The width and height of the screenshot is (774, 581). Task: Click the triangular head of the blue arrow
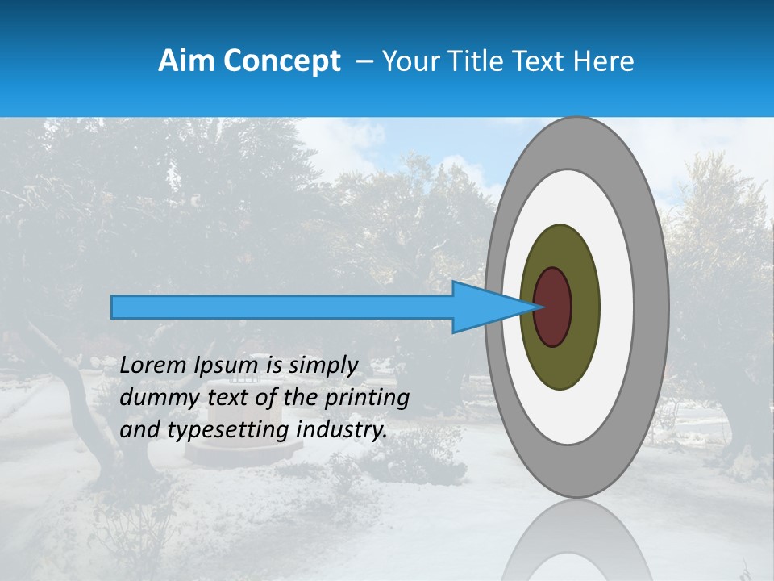[x=484, y=307]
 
